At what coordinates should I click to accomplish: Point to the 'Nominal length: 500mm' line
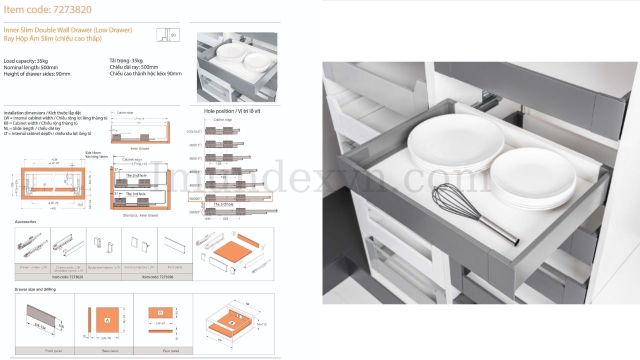click(x=30, y=67)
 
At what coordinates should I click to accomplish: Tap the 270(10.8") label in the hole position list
click(x=194, y=131)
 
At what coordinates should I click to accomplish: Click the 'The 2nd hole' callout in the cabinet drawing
click(x=135, y=175)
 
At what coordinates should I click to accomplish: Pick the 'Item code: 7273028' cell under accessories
click(x=67, y=276)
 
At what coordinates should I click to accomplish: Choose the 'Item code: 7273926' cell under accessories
click(x=157, y=276)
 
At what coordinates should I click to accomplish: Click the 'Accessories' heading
click(x=25, y=221)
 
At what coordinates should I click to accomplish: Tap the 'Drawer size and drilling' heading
click(x=35, y=289)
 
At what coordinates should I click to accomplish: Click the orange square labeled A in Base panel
click(x=107, y=319)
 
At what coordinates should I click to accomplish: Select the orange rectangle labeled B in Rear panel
click(x=160, y=313)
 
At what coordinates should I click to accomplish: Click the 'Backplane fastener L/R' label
click(x=104, y=267)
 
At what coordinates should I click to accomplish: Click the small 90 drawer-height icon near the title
click(x=168, y=35)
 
